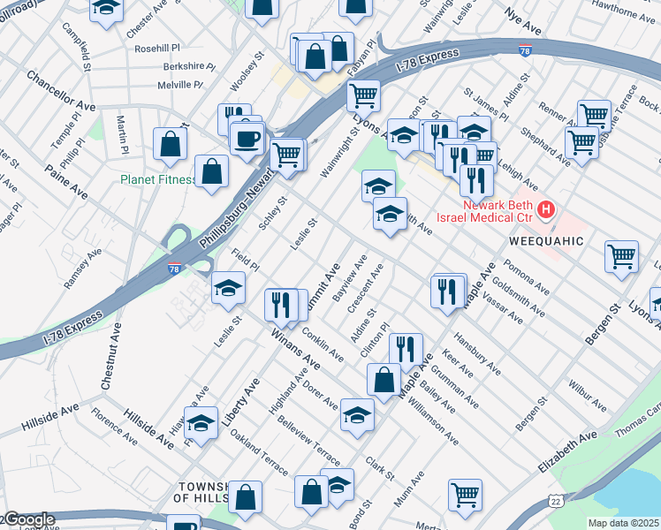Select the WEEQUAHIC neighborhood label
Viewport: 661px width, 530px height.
[x=546, y=241]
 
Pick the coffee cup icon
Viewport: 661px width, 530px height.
[x=247, y=138]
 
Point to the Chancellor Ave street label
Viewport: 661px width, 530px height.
[x=59, y=91]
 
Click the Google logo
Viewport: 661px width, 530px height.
[x=28, y=519]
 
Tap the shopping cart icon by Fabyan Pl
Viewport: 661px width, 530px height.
[x=362, y=95]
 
